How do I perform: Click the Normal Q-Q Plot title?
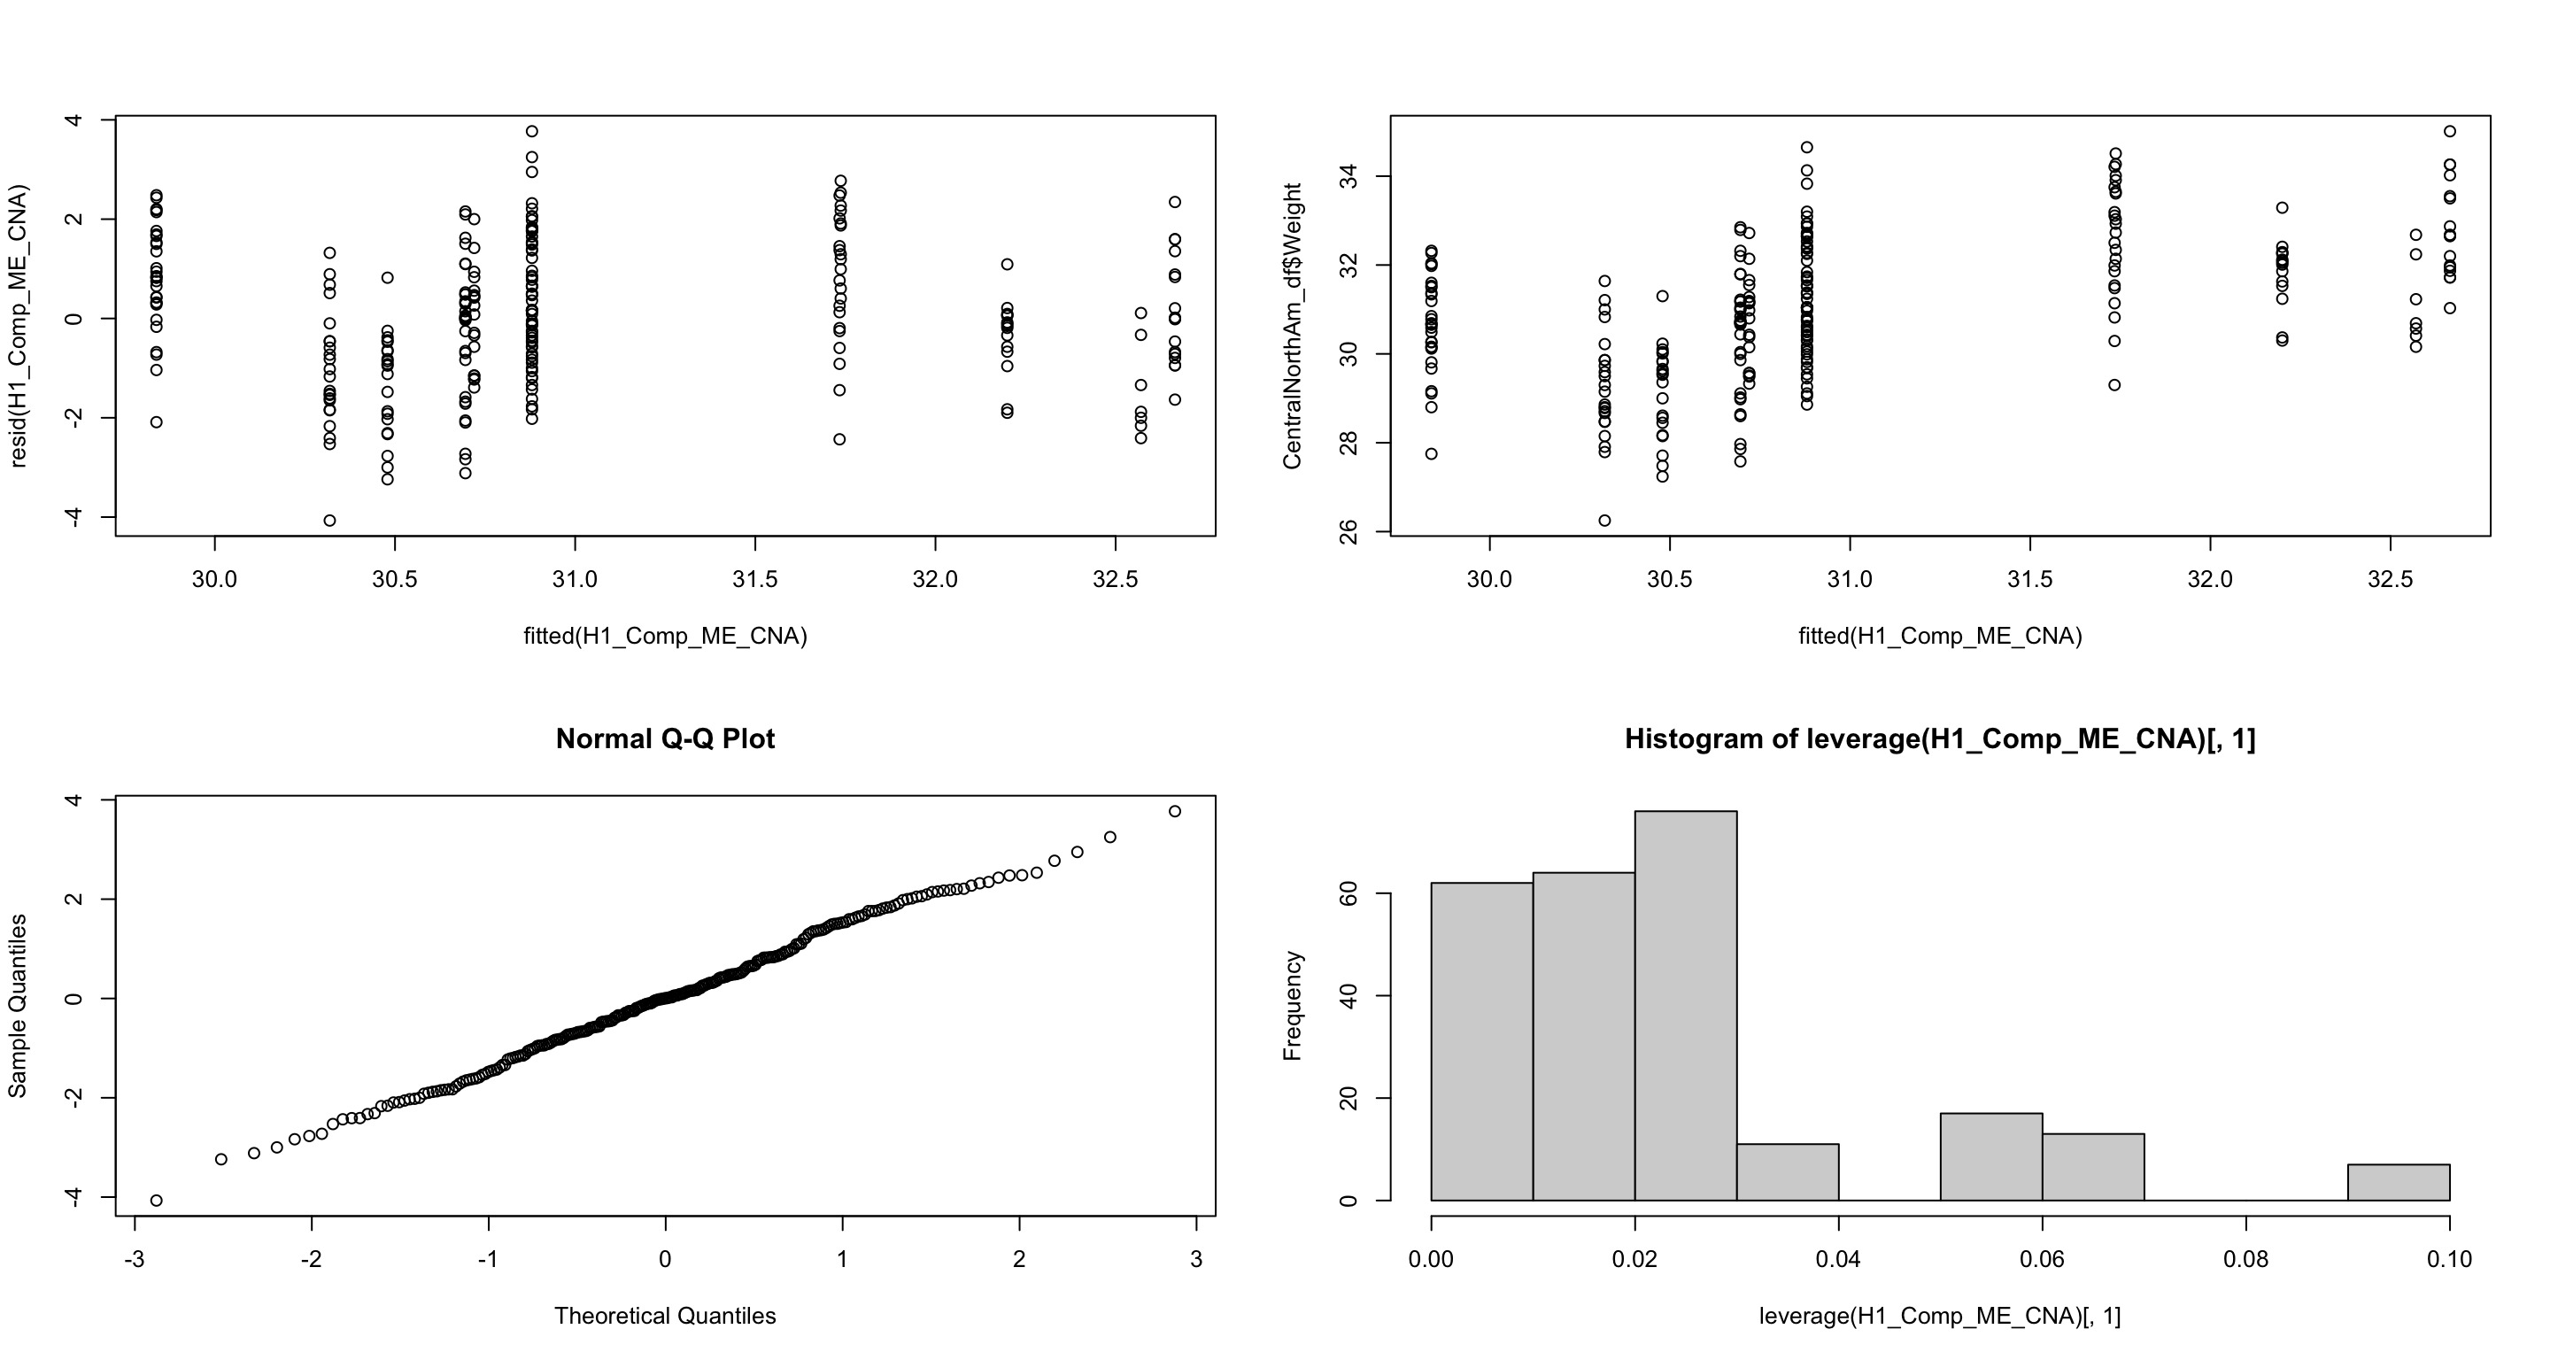[665, 739]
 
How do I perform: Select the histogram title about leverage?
[1939, 739]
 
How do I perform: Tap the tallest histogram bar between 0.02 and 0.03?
[1685, 1005]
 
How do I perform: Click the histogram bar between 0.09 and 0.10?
[2399, 1182]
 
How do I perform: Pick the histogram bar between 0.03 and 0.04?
[1788, 1172]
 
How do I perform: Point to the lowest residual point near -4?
[329, 521]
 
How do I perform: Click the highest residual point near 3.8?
[531, 131]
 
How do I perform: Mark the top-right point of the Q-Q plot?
[1175, 812]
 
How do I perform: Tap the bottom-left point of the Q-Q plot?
[157, 1201]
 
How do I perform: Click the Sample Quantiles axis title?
[17, 1006]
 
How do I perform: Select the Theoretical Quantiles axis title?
[665, 1316]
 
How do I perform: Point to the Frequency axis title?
[1292, 1006]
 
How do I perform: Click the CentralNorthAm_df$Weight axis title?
[1292, 326]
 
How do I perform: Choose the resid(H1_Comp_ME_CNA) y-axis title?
[17, 326]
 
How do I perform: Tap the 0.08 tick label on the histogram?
[2246, 1260]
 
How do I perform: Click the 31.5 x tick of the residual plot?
[754, 579]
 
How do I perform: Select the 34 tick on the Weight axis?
[1348, 176]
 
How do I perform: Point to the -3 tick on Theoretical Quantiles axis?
[134, 1260]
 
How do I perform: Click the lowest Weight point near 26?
[1604, 521]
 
